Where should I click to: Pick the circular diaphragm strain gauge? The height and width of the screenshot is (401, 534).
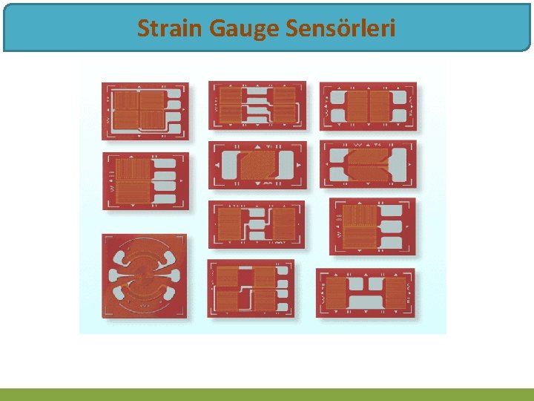click(144, 276)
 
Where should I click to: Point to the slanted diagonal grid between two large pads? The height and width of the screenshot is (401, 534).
click(257, 165)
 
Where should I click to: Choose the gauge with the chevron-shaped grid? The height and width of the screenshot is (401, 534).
click(367, 164)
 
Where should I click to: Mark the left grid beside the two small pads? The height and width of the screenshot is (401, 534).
click(336, 293)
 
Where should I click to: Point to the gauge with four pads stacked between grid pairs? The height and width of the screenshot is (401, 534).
click(257, 105)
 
